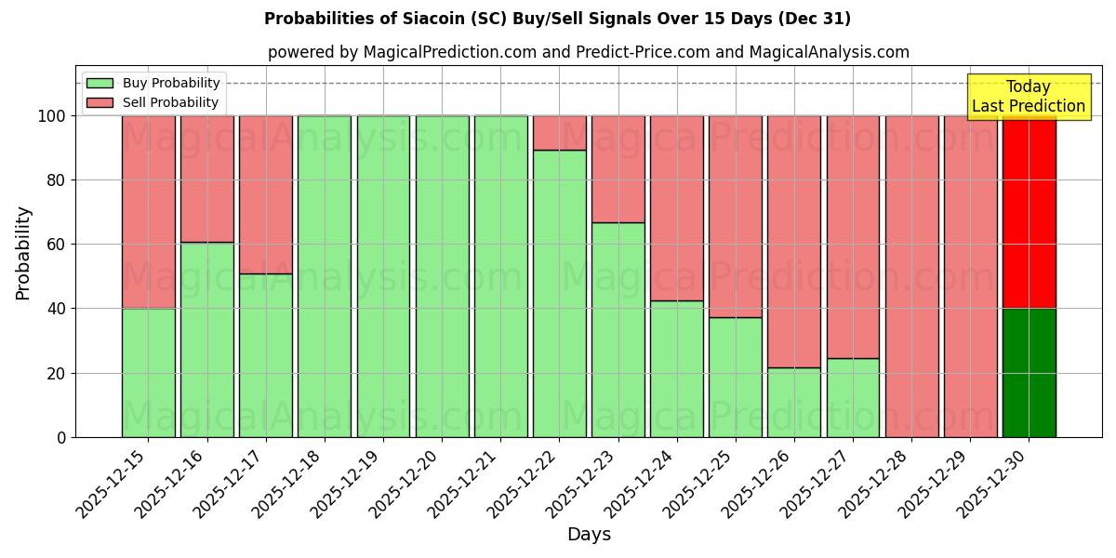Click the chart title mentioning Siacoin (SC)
coord(557,19)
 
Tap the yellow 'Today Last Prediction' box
coord(1028,97)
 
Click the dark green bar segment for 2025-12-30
coord(1029,373)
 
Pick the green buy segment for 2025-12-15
coord(149,373)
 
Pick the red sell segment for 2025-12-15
coord(149,212)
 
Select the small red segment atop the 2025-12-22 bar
coord(560,133)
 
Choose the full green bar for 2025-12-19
coord(383,276)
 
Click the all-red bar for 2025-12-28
coord(911,276)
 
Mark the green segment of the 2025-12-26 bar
coord(794,403)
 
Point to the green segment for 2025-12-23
coord(618,330)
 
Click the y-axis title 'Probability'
coord(23,252)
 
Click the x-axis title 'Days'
coord(589,535)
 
